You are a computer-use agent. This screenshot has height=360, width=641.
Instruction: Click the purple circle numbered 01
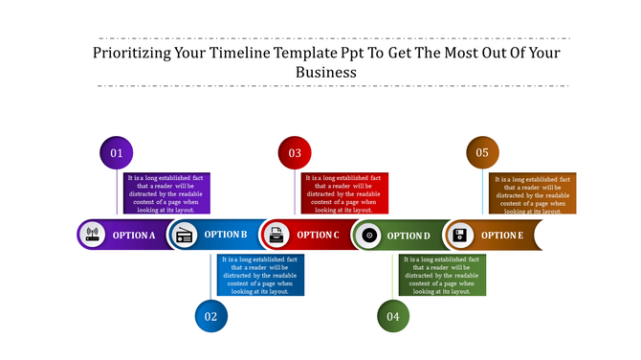[117, 153]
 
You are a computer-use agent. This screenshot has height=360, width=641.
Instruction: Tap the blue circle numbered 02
[210, 316]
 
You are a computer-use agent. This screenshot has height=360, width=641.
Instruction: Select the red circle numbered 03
[295, 153]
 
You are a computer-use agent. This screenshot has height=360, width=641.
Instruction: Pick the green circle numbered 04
[393, 316]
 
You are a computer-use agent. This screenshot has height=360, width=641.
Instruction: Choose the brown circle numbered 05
[482, 153]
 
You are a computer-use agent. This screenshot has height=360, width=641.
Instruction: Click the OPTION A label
[134, 235]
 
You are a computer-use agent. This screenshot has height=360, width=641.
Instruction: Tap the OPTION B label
[226, 235]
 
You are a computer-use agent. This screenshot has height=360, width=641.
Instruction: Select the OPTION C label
[318, 235]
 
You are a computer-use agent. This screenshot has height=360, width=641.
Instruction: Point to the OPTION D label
[409, 235]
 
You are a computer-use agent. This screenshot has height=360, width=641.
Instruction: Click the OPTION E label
[501, 235]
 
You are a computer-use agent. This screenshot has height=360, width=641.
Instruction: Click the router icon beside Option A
[93, 235]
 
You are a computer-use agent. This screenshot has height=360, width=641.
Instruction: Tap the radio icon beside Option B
[184, 235]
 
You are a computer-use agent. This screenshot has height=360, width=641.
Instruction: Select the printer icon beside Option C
[276, 235]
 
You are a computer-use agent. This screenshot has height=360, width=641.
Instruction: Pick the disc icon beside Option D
[369, 235]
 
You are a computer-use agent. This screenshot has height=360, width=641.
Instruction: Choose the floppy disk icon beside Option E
[460, 235]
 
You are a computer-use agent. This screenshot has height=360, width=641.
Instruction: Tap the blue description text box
[260, 275]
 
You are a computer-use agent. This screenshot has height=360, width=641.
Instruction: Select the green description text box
[443, 275]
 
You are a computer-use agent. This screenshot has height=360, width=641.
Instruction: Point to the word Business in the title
[325, 72]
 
